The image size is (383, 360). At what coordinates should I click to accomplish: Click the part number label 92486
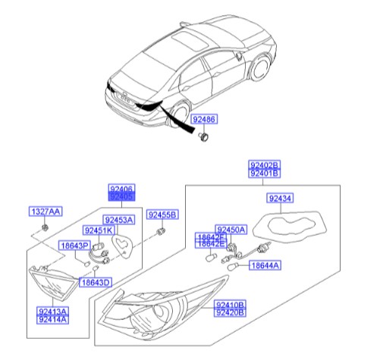tap(203, 120)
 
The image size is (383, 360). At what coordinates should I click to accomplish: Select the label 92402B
tap(265, 164)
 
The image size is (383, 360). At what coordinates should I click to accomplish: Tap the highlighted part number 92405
tap(121, 196)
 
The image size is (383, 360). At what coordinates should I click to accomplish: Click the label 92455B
tap(162, 214)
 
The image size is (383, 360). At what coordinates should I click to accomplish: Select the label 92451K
tap(99, 230)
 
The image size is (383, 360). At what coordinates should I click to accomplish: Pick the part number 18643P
tap(75, 246)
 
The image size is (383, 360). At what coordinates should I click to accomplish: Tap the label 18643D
tap(96, 282)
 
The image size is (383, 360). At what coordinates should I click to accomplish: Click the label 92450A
tap(231, 229)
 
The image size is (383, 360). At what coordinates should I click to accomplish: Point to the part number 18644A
tap(265, 265)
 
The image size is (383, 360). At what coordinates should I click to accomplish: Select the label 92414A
tap(52, 320)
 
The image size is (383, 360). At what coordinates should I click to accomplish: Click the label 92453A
tap(118, 220)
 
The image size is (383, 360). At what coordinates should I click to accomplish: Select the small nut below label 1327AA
tap(46, 227)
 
